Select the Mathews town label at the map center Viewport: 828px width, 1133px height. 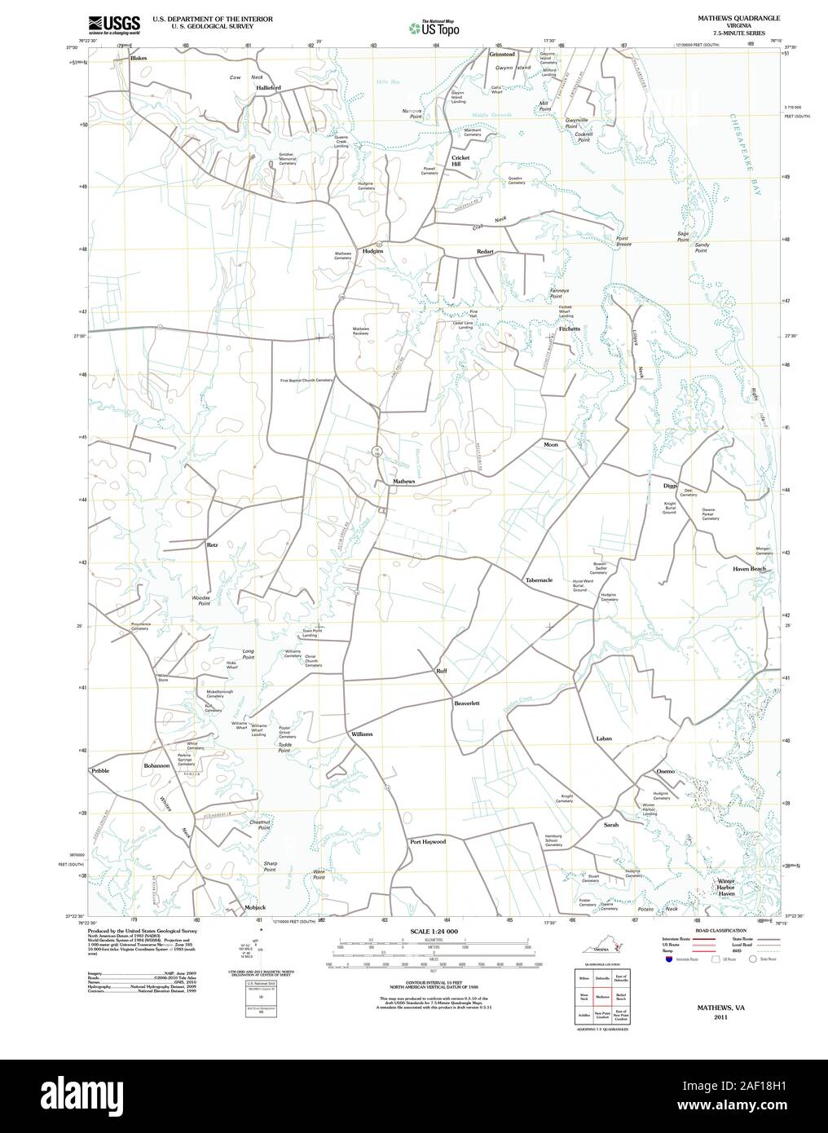404,482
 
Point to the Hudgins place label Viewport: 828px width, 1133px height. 373,252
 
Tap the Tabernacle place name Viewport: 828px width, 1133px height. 539,580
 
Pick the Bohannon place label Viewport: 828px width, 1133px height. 156,766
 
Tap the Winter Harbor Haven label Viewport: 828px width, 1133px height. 726,888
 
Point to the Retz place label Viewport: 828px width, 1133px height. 212,544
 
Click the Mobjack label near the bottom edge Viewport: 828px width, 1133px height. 254,907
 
